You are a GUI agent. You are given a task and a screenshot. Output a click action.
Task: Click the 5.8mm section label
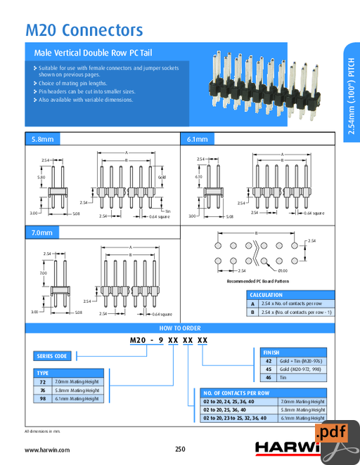(41, 140)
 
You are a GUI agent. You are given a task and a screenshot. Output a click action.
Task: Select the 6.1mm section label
(198, 140)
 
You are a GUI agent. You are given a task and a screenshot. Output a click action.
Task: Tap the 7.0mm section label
(41, 232)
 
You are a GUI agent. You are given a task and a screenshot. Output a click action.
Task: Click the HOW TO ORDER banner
(180, 328)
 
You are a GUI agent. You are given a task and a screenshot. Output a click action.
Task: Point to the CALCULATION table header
(266, 295)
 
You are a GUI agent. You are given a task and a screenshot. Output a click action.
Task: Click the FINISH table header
(271, 352)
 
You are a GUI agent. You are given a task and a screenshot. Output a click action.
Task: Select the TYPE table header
(43, 373)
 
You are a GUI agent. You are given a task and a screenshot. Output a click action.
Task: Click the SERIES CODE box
(52, 356)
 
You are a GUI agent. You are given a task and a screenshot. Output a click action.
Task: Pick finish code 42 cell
(268, 360)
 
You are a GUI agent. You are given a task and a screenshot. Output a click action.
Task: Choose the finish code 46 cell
(268, 377)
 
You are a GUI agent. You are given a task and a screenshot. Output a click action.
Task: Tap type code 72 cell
(43, 381)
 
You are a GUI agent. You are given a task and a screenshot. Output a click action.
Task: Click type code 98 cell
(43, 398)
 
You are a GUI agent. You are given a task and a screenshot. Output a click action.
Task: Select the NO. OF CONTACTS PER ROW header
(236, 393)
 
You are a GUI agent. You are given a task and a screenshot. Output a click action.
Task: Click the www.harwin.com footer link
(47, 449)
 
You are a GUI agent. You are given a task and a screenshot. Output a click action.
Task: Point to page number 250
(180, 449)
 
